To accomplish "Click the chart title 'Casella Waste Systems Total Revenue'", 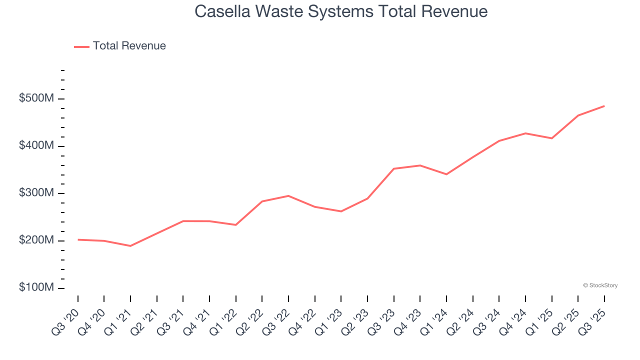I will point(341,11).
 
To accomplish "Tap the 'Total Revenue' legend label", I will point(129,46).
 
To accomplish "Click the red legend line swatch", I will point(81,46).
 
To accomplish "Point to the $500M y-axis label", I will point(36,98).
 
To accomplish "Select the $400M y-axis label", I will point(36,146).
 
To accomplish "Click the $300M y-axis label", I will point(36,193).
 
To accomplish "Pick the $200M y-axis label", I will point(36,240).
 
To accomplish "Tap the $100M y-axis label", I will point(36,288).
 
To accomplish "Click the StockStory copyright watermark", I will point(600,285).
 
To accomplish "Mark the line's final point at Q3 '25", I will point(604,106).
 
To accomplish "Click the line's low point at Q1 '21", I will point(130,246).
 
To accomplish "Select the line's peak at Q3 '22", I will point(288,196).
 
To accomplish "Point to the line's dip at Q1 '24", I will point(446,174).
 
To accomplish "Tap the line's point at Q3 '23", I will point(393,168).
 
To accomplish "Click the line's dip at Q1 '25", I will point(551,138).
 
